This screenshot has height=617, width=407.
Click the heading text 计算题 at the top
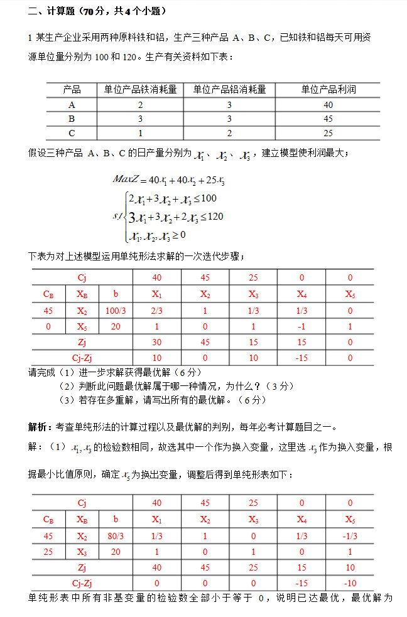(x=64, y=11)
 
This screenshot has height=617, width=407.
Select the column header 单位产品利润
(x=328, y=90)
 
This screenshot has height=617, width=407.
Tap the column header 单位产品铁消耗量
(x=140, y=90)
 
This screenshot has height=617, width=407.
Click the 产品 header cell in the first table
(x=72, y=90)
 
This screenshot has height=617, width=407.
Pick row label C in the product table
(x=72, y=132)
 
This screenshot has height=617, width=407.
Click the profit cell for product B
(x=328, y=119)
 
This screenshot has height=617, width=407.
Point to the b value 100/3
(x=115, y=310)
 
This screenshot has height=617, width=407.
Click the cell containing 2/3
(x=156, y=310)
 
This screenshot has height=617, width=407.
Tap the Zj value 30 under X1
(x=156, y=342)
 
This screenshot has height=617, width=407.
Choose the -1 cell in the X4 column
(x=301, y=326)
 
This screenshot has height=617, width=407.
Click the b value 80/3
(x=115, y=535)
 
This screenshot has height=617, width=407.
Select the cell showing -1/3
(x=350, y=535)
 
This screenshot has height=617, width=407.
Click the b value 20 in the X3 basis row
(x=115, y=552)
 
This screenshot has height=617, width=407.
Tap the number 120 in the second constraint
(x=215, y=217)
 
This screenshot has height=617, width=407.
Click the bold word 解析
(x=40, y=427)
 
